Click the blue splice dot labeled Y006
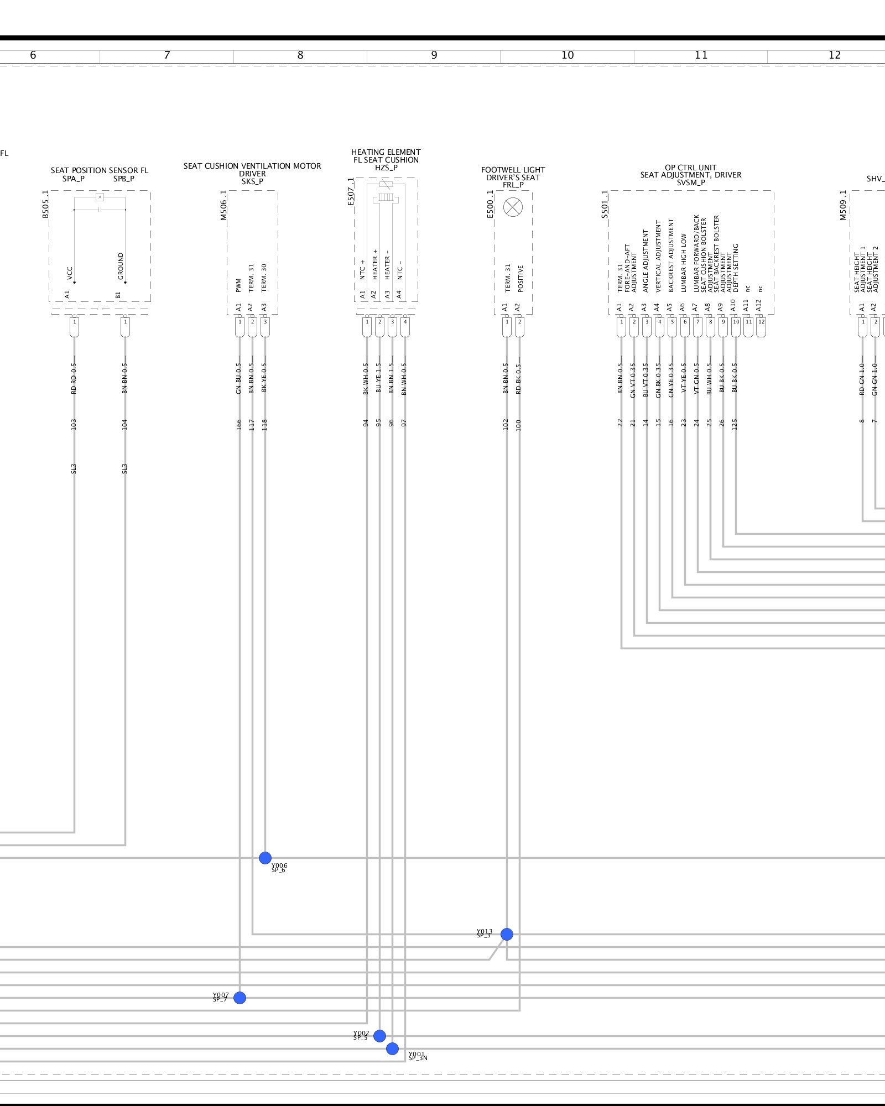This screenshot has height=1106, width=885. [x=265, y=858]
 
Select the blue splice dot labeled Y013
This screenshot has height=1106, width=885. [x=507, y=934]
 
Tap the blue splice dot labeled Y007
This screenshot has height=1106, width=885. [x=240, y=998]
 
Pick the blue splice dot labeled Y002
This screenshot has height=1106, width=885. [x=379, y=1036]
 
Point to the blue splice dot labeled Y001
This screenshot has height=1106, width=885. [x=392, y=1048]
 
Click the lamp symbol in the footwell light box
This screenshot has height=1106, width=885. [x=513, y=207]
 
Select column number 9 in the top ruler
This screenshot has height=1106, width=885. [x=434, y=55]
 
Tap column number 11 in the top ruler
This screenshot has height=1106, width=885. [x=701, y=55]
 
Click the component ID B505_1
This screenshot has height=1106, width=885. [x=46, y=204]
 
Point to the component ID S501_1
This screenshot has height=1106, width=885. [x=605, y=204]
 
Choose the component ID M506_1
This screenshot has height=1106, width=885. [x=224, y=205]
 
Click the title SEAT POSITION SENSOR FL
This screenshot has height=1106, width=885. [x=100, y=170]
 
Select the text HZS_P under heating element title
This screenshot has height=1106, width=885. [x=386, y=168]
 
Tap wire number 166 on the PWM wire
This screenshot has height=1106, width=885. [x=239, y=424]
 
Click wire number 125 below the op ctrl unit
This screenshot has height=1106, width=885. [x=735, y=424]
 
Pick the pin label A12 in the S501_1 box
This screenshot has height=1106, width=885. [x=759, y=305]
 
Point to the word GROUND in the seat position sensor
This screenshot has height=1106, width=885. [x=121, y=266]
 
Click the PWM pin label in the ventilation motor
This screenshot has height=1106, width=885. [x=239, y=285]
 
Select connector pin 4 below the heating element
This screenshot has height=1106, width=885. [x=405, y=322]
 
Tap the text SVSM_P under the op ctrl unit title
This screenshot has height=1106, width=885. [x=691, y=182]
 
